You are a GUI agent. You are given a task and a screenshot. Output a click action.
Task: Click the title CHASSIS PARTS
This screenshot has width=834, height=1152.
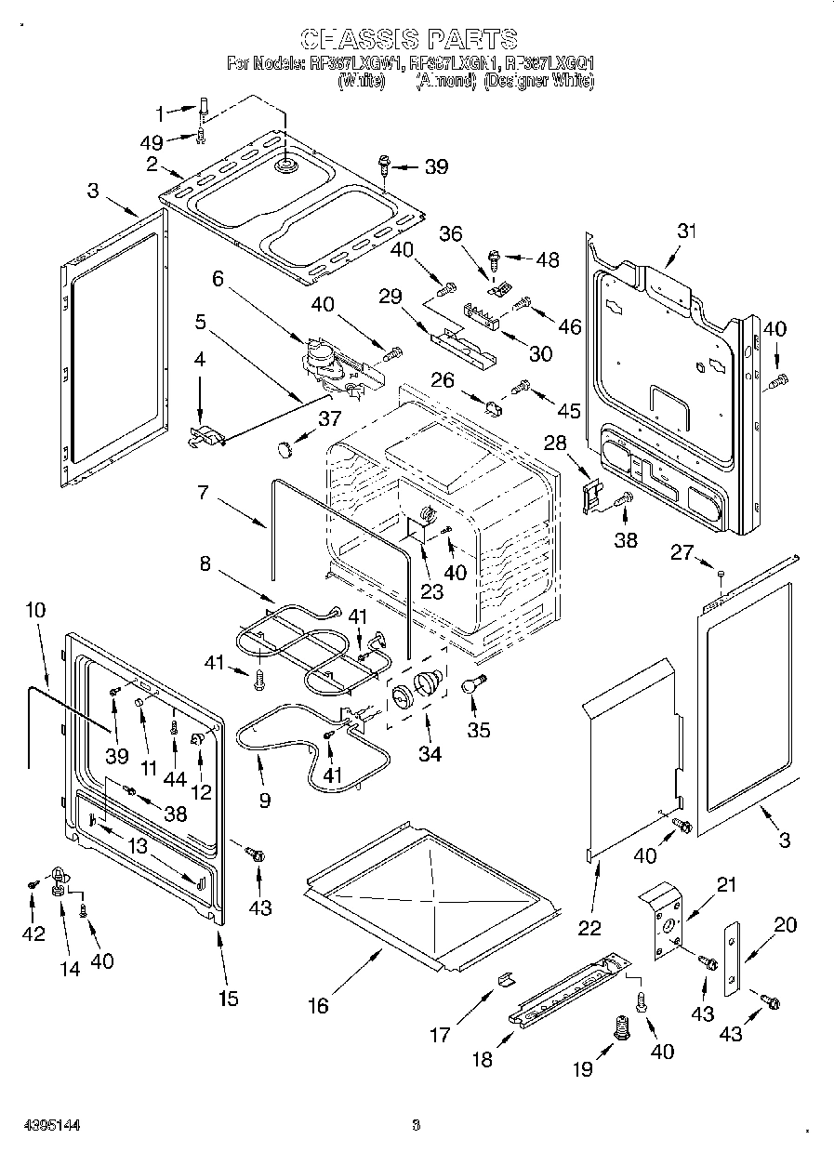click(409, 38)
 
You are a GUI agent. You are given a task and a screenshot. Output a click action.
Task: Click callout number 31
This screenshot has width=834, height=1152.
click(686, 231)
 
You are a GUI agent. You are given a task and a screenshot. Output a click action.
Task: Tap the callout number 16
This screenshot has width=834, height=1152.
click(318, 1005)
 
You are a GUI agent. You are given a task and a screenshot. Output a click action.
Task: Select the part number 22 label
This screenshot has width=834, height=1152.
click(589, 927)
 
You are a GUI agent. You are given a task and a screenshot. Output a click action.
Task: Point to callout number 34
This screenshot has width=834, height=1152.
click(429, 753)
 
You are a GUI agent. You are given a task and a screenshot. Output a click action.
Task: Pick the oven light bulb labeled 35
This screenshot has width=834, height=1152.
click(472, 685)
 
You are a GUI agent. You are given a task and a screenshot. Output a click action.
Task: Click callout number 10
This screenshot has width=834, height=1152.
click(34, 610)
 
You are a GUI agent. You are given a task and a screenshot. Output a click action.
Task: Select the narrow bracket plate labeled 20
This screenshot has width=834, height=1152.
click(734, 957)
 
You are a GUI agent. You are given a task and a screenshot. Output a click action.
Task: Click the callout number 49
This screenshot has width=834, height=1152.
click(151, 141)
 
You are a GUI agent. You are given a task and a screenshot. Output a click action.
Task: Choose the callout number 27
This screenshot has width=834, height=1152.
click(682, 552)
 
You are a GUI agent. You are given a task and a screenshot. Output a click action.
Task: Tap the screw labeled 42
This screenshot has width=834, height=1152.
click(33, 883)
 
